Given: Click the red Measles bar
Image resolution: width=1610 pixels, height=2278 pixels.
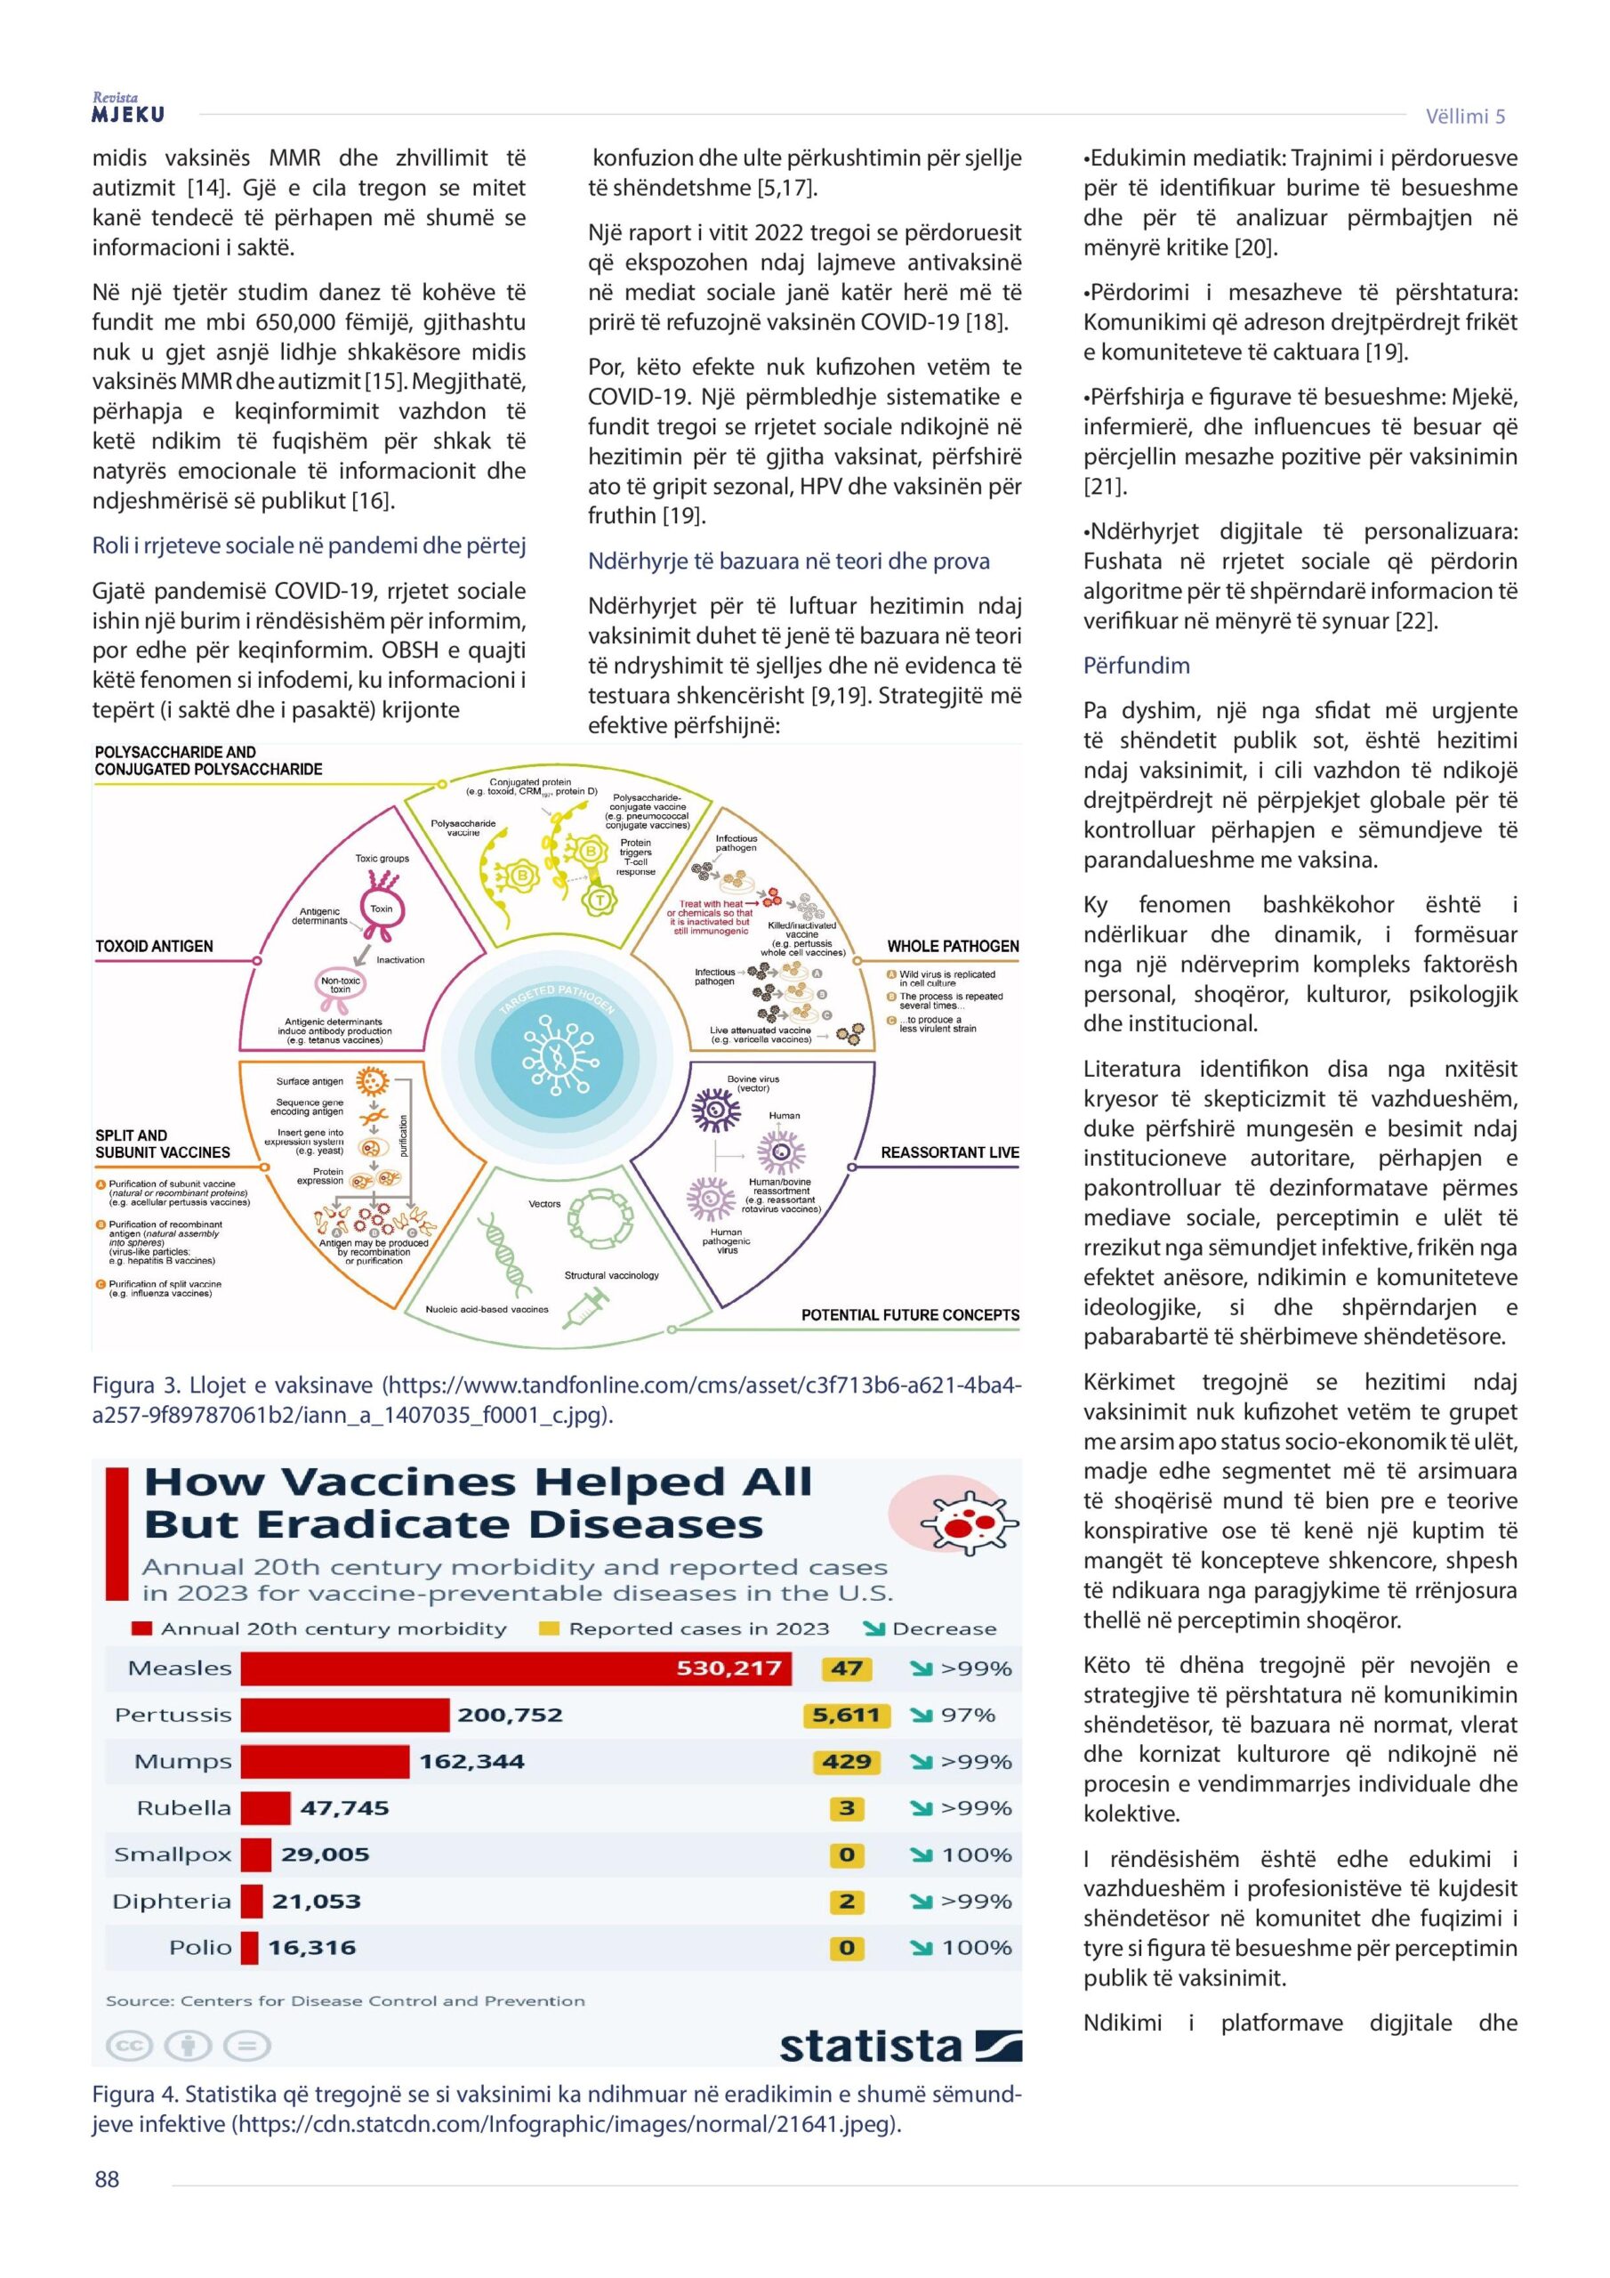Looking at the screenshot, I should click(516, 1668).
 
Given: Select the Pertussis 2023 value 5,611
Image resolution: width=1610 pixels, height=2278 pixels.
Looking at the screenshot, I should click(845, 1716).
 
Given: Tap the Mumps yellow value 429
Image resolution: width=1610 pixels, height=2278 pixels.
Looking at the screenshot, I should click(846, 1762).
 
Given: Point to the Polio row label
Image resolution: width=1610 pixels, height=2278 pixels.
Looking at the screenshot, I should click(199, 1948).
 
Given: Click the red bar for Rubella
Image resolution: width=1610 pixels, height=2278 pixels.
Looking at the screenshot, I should click(266, 1809).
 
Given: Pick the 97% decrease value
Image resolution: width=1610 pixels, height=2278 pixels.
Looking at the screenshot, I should click(967, 1716).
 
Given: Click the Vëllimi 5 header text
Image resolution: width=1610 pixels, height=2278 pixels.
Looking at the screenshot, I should click(1464, 116).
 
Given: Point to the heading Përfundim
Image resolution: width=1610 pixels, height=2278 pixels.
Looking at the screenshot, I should click(1136, 666).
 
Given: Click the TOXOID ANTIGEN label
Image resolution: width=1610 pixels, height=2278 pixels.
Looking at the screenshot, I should click(154, 947).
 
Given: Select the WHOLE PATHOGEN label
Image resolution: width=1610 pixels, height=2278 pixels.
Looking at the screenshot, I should click(953, 947).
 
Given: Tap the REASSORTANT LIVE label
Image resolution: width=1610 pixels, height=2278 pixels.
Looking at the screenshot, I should click(949, 1153).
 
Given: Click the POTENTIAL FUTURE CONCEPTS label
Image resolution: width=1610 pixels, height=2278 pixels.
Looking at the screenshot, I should click(910, 1315).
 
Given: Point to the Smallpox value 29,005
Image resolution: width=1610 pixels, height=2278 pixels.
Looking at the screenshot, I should click(325, 1855).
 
